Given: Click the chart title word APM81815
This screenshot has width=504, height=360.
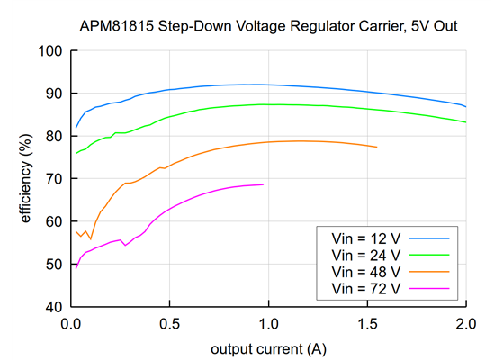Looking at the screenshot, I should (118, 27).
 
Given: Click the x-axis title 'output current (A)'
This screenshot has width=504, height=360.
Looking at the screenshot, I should (267, 347).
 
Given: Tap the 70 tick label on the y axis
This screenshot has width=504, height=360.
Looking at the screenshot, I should (51, 178).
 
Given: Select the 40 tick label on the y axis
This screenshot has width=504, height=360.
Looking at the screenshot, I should (51, 307).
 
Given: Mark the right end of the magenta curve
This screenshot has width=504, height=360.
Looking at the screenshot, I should (264, 184).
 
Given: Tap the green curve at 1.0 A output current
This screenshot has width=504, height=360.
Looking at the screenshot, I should (268, 104).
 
